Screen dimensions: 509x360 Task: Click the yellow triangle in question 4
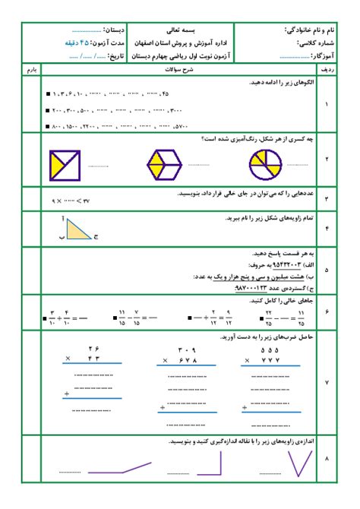coord(77,229)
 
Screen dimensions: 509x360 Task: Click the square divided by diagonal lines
coord(65,165)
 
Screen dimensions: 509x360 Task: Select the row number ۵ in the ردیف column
coord(327,269)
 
